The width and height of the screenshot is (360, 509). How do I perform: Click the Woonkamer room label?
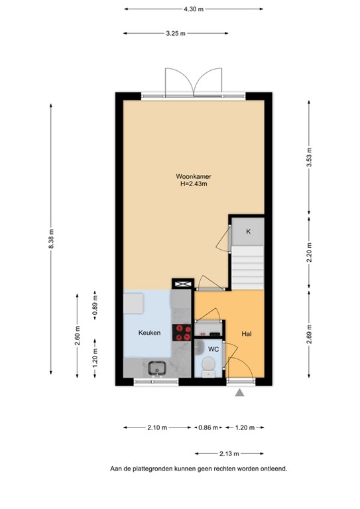(192, 176)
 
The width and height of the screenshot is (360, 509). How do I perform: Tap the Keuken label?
(149, 333)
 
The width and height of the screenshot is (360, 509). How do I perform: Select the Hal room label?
(246, 333)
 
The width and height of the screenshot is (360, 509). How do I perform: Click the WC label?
(213, 349)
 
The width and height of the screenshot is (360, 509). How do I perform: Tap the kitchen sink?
(157, 367)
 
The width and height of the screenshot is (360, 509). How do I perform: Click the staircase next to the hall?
(248, 266)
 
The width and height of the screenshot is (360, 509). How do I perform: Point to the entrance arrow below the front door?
(239, 394)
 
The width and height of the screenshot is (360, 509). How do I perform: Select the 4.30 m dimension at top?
(192, 10)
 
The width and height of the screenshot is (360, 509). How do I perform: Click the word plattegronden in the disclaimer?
(162, 469)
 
